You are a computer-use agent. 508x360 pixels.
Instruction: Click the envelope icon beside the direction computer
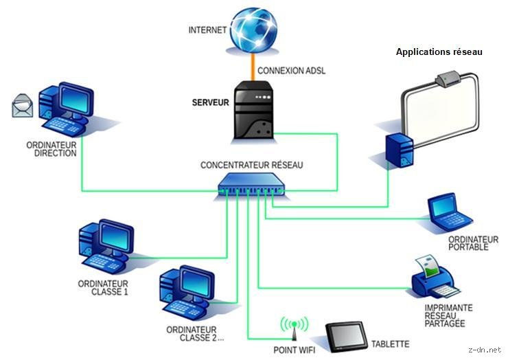(23, 106)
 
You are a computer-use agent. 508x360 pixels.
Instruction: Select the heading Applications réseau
(439, 52)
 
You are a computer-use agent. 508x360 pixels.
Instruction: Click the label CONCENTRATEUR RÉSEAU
(251, 165)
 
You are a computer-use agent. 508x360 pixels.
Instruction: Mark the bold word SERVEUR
(211, 102)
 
